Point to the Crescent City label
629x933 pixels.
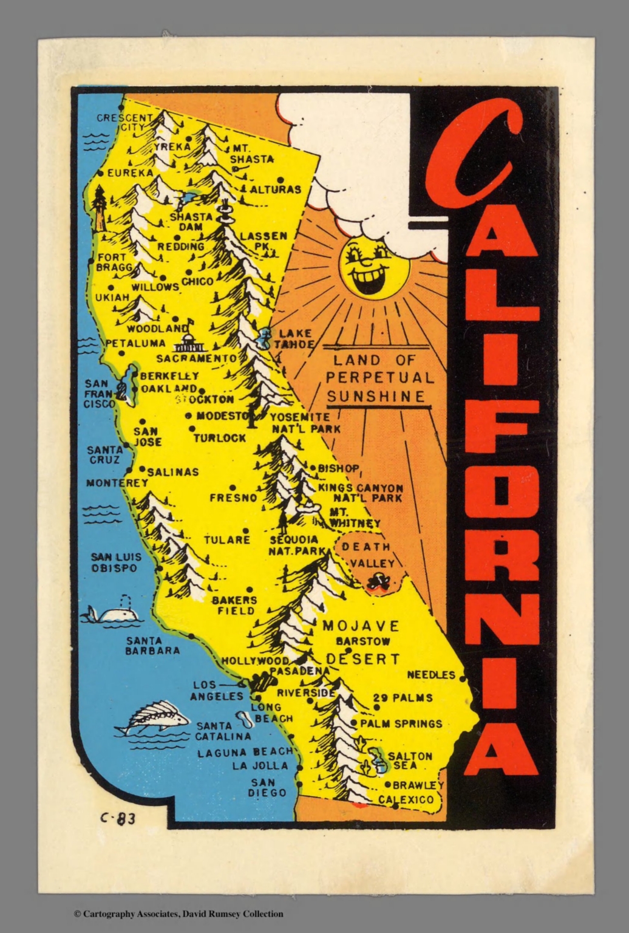click(124, 122)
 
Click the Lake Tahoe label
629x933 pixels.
click(295, 338)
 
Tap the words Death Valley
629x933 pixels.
click(368, 555)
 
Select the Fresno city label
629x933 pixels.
click(234, 497)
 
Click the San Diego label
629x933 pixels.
click(267, 787)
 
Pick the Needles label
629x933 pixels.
click(431, 674)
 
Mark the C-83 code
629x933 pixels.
click(118, 818)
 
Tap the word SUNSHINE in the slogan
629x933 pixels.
click(375, 397)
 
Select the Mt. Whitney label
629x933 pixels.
click(354, 518)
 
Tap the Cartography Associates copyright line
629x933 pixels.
click(178, 913)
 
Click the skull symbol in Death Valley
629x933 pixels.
click(378, 582)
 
